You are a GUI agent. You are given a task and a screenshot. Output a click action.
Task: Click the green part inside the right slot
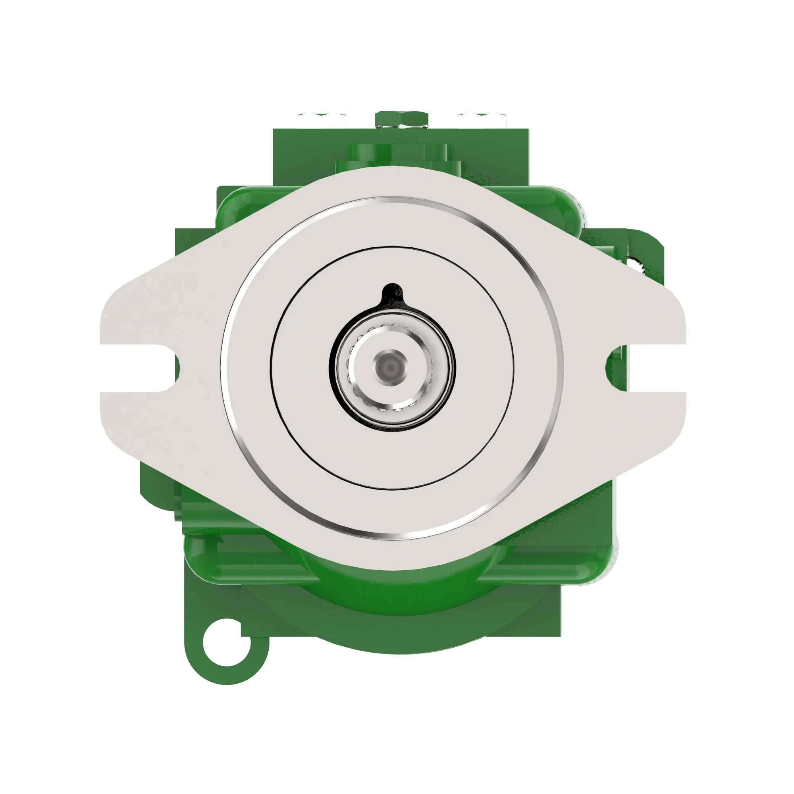(x=617, y=366)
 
